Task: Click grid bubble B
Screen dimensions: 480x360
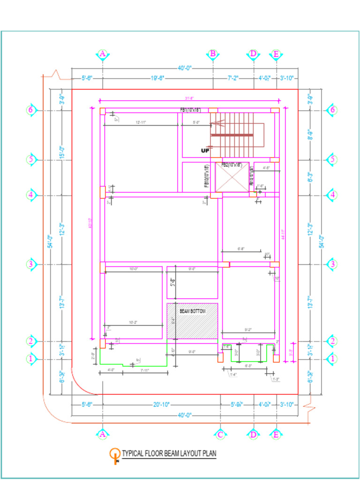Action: (213, 54)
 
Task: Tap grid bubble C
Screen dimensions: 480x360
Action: (220, 435)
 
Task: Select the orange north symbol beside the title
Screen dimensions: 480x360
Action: (114, 455)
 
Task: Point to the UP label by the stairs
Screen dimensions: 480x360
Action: (205, 151)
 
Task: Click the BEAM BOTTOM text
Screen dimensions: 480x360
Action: (192, 311)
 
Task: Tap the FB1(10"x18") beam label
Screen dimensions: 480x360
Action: (190, 110)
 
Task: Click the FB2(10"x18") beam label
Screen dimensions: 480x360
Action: (232, 165)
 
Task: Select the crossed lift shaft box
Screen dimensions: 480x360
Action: (232, 177)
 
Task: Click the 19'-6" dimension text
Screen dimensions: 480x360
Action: (157, 78)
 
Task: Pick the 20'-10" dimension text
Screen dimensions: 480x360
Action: (161, 405)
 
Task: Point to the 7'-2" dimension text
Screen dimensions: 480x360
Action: (233, 78)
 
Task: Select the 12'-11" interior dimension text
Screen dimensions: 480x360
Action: (141, 122)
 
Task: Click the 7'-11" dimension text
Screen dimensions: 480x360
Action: (144, 371)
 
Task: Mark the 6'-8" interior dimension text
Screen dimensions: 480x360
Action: (241, 249)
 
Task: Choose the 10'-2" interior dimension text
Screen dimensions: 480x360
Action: (134, 322)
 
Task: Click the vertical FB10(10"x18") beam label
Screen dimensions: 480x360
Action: (207, 177)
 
